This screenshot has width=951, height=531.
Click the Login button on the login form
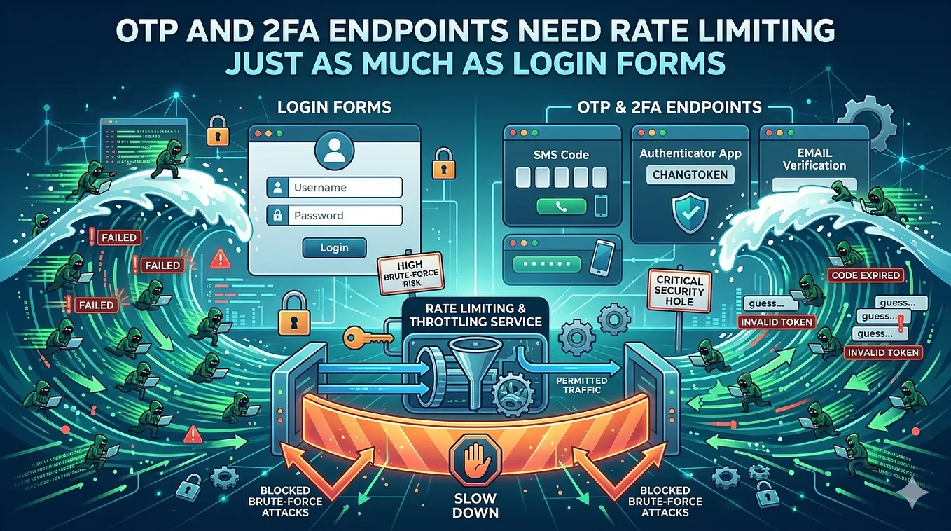[x=334, y=248]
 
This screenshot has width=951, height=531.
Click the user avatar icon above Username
[x=334, y=151]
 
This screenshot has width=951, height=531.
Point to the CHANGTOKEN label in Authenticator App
[x=690, y=175]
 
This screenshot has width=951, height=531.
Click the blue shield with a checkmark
[x=690, y=212]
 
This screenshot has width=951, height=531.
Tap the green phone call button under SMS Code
[x=561, y=207]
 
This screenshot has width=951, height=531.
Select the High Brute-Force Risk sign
[x=410, y=273]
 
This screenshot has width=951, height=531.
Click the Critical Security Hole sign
[x=679, y=291]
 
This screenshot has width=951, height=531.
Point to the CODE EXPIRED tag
[x=866, y=275]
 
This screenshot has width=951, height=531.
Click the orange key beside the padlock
[x=368, y=338]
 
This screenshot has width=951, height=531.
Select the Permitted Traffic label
[x=581, y=385]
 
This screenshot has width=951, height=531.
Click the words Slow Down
[x=475, y=505]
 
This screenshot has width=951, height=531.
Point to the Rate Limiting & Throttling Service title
[x=475, y=315]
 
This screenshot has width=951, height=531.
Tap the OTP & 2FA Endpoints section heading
[x=669, y=107]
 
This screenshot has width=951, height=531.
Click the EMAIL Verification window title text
[x=814, y=159]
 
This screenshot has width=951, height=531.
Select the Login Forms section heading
[x=334, y=107]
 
